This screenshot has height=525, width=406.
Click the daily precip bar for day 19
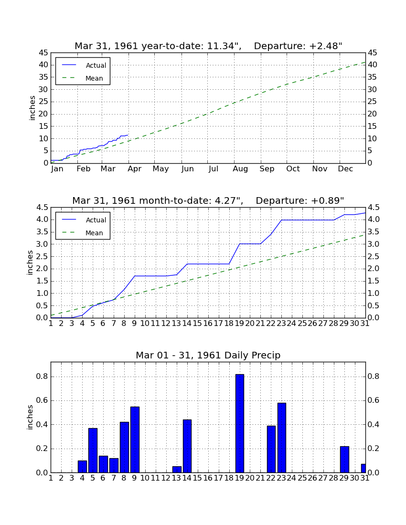coord(239,423)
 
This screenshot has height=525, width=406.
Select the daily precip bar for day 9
coord(135,440)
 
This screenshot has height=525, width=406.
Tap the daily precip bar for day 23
coord(282,438)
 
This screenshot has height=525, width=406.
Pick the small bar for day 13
coord(177,470)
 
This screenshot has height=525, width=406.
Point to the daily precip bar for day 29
coord(344,459)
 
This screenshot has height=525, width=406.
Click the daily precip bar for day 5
coord(93,451)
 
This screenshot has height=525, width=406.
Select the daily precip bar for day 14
coord(187,446)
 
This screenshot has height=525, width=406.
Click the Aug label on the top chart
coord(240,169)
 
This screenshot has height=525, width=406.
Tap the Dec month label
coord(345,169)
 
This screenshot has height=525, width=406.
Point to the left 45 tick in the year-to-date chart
coord(43,53)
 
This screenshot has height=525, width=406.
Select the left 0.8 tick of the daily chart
coord(42,377)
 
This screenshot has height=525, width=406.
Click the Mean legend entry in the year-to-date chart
coord(83,78)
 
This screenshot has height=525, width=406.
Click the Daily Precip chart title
coord(208,355)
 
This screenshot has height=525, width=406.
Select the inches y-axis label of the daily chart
coord(30,417)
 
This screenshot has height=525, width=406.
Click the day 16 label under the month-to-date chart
coord(208,324)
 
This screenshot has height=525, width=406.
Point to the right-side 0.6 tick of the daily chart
coord(373,401)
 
